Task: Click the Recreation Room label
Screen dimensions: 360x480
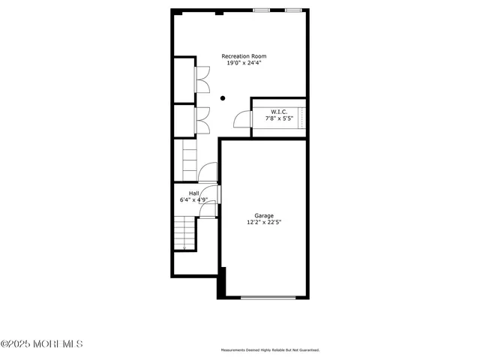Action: (x=243, y=56)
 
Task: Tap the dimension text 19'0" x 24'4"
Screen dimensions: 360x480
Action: (x=243, y=63)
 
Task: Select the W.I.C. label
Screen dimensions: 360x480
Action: (x=279, y=112)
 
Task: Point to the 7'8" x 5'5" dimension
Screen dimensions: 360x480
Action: (x=279, y=118)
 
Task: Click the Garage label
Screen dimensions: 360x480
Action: (x=263, y=215)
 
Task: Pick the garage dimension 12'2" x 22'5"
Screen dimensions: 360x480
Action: (x=263, y=222)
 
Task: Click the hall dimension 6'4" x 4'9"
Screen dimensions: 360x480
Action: (x=193, y=200)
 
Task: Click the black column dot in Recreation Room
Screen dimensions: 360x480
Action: (x=222, y=97)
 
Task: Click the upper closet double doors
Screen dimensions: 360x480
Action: (x=201, y=80)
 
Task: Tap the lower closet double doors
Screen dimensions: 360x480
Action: (x=201, y=120)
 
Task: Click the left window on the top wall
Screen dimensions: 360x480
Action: (x=262, y=10)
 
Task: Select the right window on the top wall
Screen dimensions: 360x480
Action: (x=293, y=10)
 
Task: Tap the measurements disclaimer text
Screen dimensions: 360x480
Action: (x=270, y=350)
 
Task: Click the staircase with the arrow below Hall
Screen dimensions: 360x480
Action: (x=184, y=233)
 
